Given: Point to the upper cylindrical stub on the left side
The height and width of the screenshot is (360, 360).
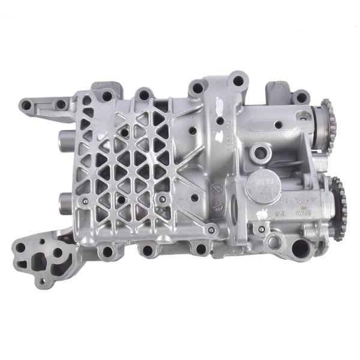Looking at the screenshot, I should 64,143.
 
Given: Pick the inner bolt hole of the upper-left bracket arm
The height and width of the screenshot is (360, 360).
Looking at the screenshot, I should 61,104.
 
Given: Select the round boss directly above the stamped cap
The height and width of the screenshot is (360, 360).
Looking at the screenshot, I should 260,153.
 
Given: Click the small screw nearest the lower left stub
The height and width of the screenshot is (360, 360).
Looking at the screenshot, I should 85,200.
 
